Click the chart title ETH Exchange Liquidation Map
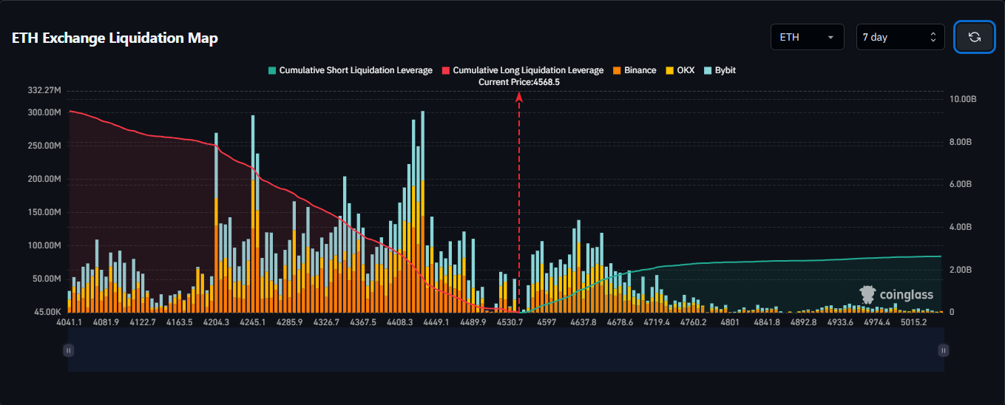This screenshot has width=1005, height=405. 115,38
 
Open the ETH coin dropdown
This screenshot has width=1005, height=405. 807,37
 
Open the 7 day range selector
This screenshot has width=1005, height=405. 900,37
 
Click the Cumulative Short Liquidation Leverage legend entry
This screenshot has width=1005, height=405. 351,70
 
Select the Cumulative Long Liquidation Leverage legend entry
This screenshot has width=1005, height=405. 523,70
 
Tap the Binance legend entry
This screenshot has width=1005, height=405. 635,70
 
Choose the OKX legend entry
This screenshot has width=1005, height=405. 680,70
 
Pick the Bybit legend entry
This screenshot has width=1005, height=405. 720,70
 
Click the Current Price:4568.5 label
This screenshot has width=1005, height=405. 518,82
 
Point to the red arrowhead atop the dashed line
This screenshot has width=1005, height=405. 519,96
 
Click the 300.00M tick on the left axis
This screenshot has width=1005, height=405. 44,112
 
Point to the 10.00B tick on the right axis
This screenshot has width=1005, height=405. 963,99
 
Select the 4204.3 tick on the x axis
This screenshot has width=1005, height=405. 216,322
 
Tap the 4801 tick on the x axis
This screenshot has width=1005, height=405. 729,322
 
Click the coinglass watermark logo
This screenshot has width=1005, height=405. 896,295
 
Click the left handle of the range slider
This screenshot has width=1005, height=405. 68,350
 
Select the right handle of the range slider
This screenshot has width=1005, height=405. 943,350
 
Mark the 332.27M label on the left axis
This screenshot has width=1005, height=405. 44,90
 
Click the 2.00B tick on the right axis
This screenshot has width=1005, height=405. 961,270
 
